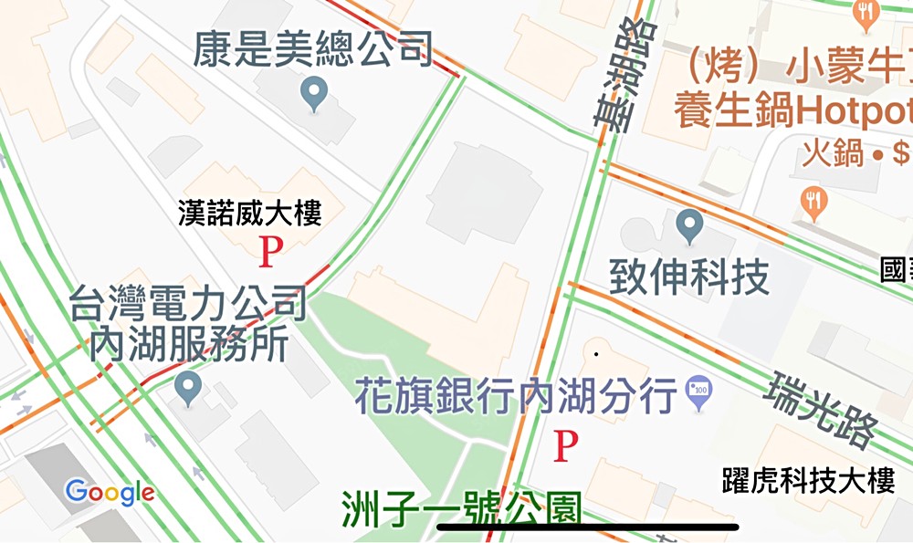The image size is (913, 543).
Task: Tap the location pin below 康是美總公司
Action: [x=315, y=93]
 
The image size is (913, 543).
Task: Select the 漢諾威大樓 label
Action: [x=250, y=215]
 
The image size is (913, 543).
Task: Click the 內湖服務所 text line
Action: [x=189, y=345]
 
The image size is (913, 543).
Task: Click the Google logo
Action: [x=110, y=493]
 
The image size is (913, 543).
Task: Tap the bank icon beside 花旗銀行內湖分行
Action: [x=699, y=392]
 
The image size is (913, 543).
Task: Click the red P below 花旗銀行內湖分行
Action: [x=567, y=446]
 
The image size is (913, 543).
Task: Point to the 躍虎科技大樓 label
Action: [x=808, y=480]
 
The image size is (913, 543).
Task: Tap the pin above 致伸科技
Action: [x=690, y=225]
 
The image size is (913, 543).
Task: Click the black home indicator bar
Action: [x=588, y=527]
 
